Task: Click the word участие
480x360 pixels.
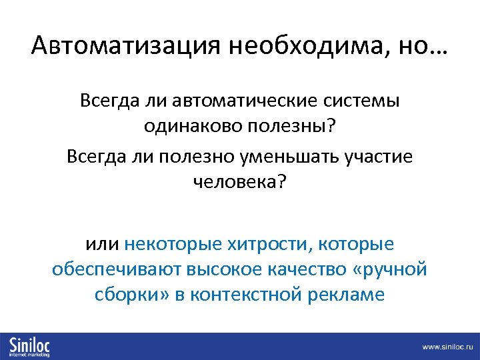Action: (379, 157)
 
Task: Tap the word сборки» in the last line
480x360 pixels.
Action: (127, 294)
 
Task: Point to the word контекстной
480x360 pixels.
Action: (246, 294)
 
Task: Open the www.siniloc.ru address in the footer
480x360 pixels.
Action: (447, 347)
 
